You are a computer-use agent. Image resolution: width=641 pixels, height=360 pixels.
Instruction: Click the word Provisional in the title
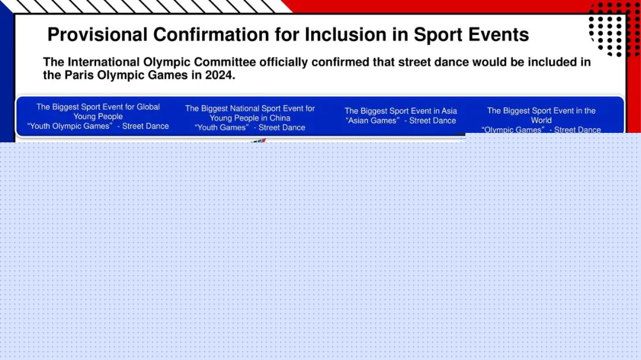[97, 34]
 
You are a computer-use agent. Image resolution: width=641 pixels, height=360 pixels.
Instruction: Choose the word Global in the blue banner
[148, 107]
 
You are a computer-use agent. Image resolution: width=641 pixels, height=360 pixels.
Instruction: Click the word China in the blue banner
[280, 118]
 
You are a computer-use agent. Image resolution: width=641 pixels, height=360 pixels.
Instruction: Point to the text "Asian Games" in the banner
[372, 120]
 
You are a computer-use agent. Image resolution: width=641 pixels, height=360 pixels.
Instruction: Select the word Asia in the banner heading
[449, 111]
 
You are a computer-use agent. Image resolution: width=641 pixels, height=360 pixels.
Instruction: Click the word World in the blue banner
[541, 120]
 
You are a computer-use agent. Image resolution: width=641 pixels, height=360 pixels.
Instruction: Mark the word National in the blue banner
[245, 109]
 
